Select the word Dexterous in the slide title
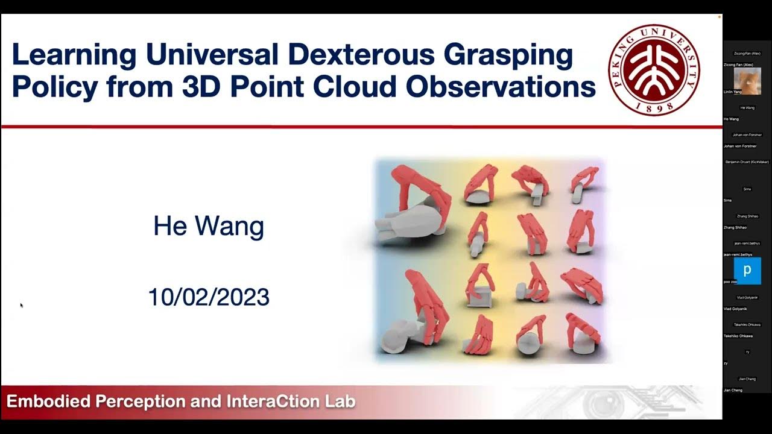click(x=361, y=55)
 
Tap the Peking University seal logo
click(x=654, y=70)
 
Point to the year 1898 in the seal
click(x=654, y=107)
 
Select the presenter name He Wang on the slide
click(x=209, y=227)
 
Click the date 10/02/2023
click(x=209, y=297)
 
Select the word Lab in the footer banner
click(x=340, y=401)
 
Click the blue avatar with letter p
click(x=747, y=271)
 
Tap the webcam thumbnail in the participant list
click(x=747, y=81)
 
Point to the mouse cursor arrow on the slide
click(x=21, y=305)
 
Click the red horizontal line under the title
click(x=362, y=127)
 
